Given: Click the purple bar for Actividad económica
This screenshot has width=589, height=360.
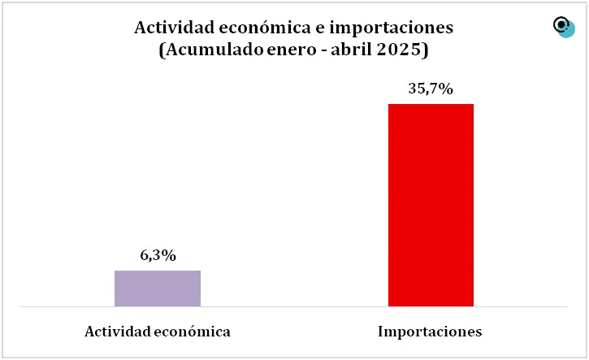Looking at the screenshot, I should point(158,288).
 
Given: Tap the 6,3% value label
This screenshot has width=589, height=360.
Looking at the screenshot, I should point(158,256).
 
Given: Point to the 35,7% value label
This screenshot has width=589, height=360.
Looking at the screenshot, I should point(430,89).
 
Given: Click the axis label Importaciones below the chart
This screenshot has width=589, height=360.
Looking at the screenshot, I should point(431,332).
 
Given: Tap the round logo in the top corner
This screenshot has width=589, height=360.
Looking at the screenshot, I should point(563,27).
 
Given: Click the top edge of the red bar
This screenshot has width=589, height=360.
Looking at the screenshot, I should point(431,104).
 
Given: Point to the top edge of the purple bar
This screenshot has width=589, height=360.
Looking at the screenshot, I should point(158,271).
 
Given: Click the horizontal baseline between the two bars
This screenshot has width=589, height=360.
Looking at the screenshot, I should point(294,307).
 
